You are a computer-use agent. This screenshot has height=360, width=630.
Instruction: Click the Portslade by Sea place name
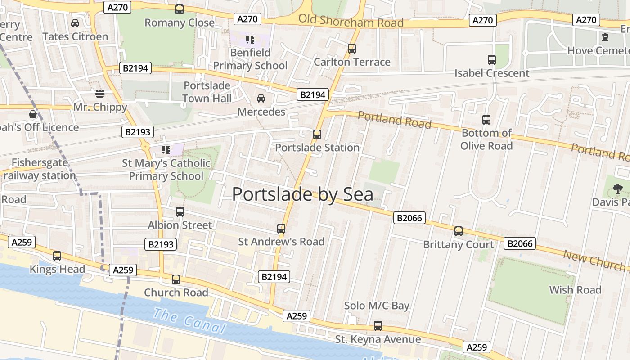(x=302, y=194)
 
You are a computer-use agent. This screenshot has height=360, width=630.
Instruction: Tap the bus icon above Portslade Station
(x=317, y=134)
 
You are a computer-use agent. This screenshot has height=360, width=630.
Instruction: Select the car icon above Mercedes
(x=261, y=99)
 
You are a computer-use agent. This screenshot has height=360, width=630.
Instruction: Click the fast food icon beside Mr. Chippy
(x=100, y=94)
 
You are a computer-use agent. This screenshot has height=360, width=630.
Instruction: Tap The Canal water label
(x=189, y=321)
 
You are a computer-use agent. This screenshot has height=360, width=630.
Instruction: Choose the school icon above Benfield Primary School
(x=251, y=40)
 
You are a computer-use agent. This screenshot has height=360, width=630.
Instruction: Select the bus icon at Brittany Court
(x=459, y=231)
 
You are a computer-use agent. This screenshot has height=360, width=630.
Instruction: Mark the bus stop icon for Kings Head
(x=57, y=256)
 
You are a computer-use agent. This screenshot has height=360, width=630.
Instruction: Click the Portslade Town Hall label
(x=207, y=92)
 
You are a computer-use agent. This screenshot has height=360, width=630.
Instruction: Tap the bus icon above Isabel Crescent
(x=492, y=59)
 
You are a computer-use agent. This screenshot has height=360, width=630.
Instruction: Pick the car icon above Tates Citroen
(x=75, y=23)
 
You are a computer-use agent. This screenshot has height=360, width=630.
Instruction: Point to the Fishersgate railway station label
(x=40, y=169)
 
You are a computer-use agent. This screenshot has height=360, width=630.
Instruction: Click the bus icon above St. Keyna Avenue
(x=378, y=325)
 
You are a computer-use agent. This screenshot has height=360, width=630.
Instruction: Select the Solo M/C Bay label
(x=377, y=306)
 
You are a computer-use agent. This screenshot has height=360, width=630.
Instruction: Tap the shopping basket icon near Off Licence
(x=33, y=114)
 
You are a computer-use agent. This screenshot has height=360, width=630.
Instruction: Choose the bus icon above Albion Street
(x=180, y=211)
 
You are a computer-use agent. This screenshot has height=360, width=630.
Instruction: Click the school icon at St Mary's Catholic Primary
(x=166, y=149)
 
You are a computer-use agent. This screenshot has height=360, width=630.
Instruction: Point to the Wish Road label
(x=575, y=290)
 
